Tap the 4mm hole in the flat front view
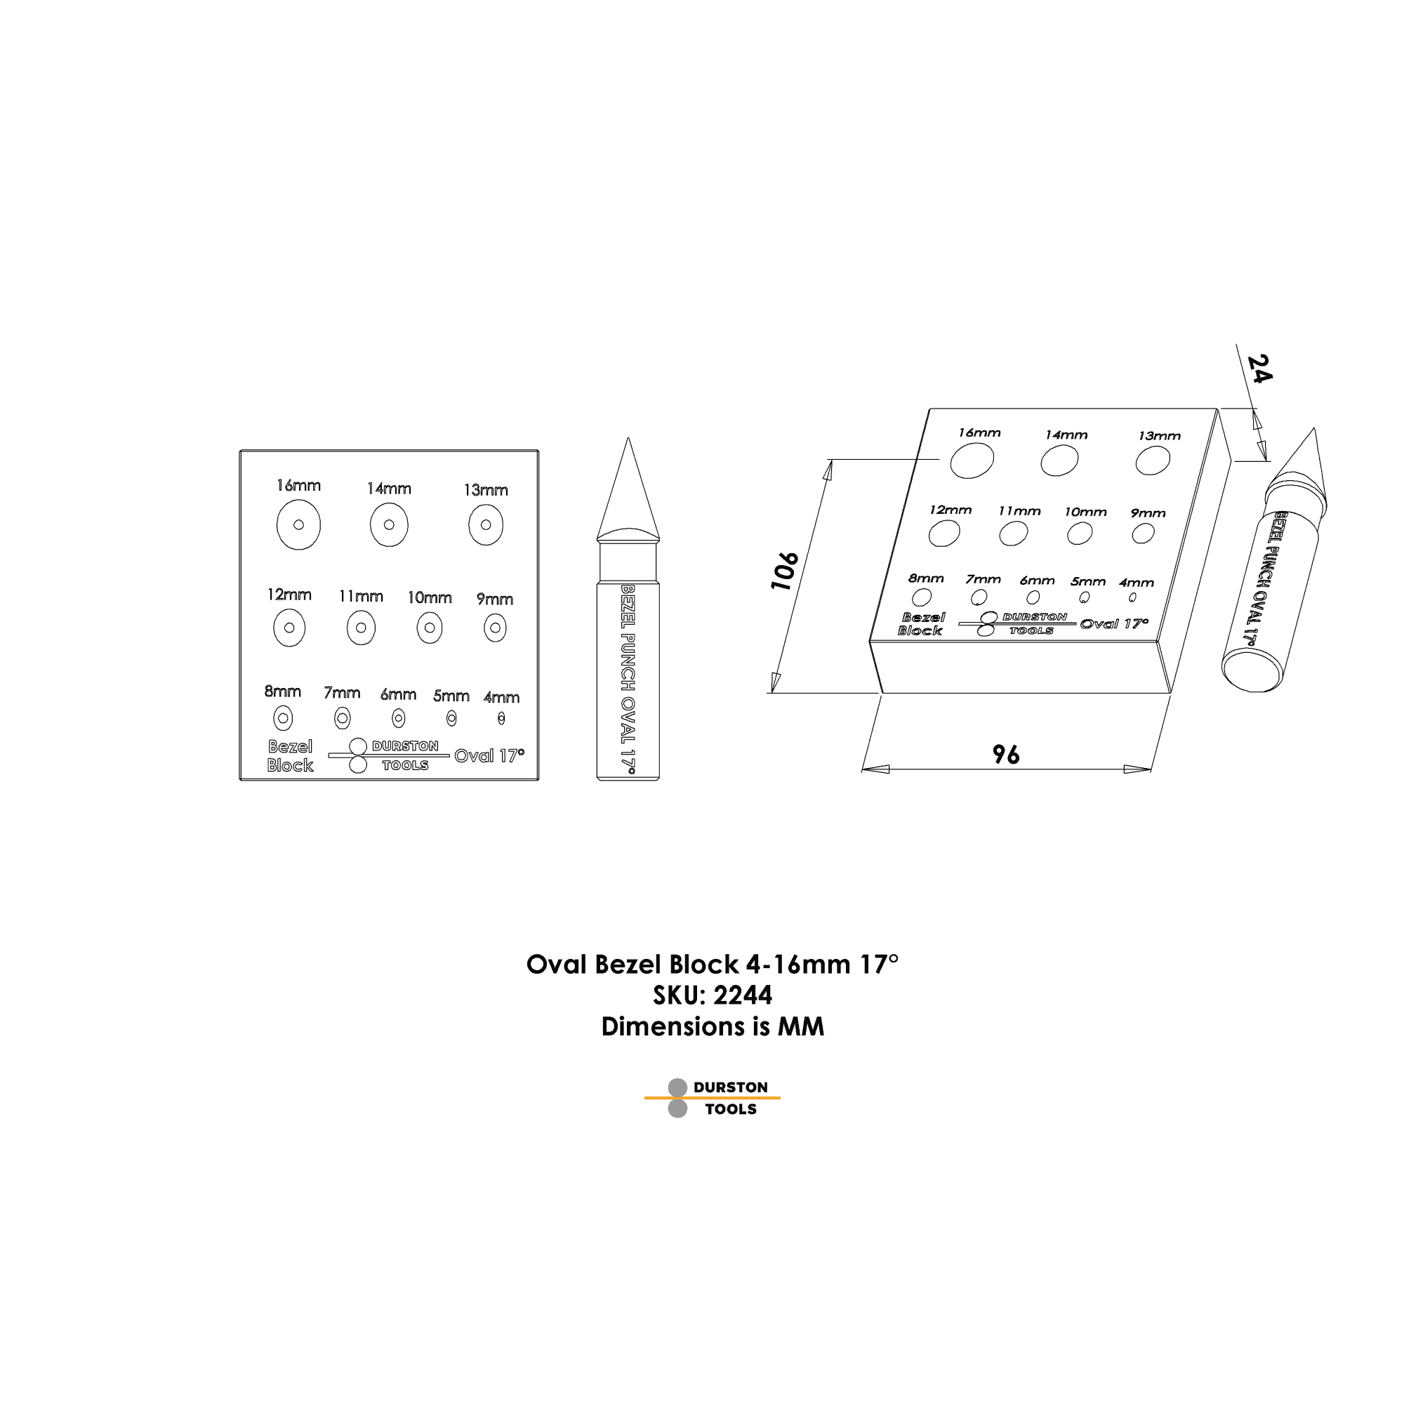point(501,718)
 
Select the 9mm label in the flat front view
point(495,600)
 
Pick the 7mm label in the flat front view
point(343,693)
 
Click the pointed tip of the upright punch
point(628,438)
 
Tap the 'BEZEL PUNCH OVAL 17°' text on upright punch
point(628,680)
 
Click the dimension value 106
point(785,571)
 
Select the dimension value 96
point(1007,755)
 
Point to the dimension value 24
point(1260,369)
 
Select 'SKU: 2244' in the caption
point(712,995)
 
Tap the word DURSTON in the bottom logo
point(730,1087)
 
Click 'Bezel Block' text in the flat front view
point(290,756)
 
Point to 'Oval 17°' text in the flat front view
point(489,756)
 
